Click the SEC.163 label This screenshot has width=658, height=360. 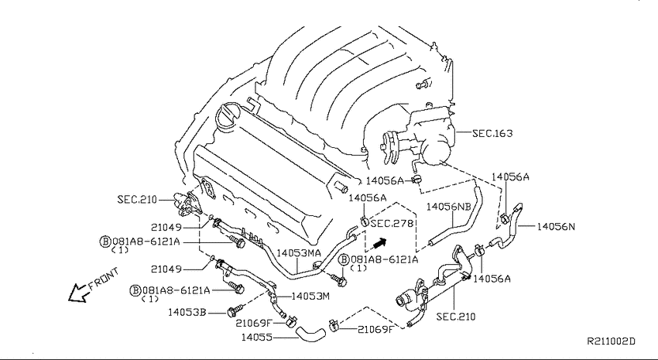point(492,133)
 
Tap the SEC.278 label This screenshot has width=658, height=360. point(392,223)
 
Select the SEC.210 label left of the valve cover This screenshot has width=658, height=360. point(137,199)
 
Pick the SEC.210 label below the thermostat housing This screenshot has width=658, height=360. point(456,317)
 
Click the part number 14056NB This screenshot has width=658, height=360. point(448,207)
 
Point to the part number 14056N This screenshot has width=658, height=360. point(556,227)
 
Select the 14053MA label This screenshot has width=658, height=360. point(299,253)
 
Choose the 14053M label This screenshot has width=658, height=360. point(310,297)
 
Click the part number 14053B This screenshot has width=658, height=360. point(187,312)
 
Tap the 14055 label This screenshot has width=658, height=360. point(256,337)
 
